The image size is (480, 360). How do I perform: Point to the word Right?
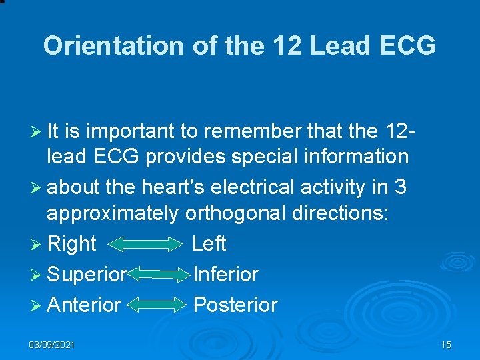[72, 244]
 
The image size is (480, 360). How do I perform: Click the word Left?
[209, 244]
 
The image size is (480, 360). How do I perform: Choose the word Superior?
[87, 274]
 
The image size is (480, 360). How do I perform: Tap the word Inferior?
[225, 274]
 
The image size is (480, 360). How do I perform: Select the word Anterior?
[84, 305]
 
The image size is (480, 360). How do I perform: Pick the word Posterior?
[235, 305]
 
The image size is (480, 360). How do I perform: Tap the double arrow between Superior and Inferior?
[159, 274]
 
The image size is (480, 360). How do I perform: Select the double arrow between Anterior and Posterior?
[157, 305]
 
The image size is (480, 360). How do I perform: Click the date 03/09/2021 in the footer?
[52, 345]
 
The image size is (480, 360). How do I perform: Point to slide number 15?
[446, 345]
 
